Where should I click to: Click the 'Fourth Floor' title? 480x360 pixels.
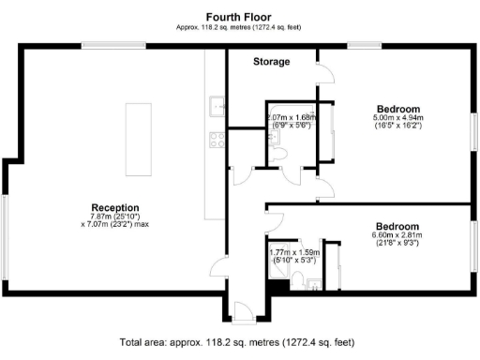click(x=239, y=16)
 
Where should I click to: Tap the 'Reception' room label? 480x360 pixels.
click(x=115, y=207)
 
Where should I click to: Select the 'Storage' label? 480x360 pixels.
click(x=272, y=62)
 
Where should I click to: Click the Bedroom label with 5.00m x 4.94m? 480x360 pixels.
click(x=398, y=108)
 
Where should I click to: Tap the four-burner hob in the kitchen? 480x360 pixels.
click(x=217, y=140)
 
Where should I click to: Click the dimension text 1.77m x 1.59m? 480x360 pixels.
click(x=292, y=252)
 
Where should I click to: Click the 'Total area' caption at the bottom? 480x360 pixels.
click(x=239, y=342)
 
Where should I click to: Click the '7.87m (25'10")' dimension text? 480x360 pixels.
click(x=114, y=217)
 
